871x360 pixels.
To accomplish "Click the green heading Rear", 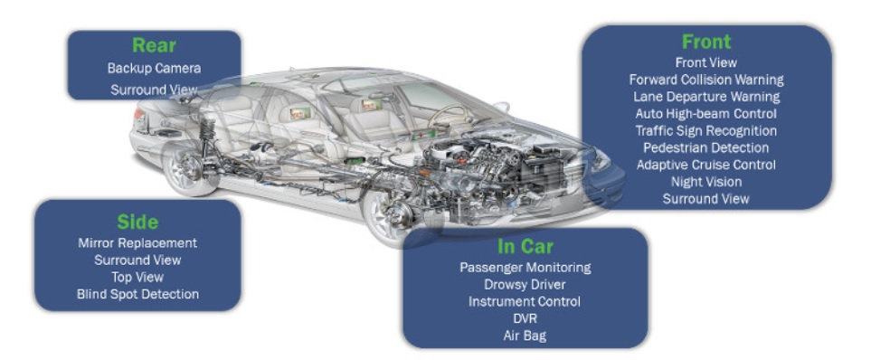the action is coord(154,46).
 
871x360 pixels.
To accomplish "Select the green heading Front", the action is coord(705,42).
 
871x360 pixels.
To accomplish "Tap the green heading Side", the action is coord(137,222).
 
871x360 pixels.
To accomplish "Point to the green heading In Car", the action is coord(525,246).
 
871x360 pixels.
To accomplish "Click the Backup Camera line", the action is coord(154,68).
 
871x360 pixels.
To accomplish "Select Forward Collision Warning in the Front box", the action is coord(705,80).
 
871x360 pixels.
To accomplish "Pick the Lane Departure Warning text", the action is coord(705,97).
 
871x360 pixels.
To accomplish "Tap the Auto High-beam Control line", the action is coord(705,114).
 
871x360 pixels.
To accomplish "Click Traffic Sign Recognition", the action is coord(705,130).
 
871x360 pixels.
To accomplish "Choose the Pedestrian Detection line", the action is coord(705,147).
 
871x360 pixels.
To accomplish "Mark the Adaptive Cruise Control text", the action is coord(705,165).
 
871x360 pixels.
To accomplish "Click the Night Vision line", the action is coord(705,182).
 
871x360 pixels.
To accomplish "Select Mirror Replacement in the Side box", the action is coord(137,242).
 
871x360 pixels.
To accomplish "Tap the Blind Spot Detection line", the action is coord(137,294).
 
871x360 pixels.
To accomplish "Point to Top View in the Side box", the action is coord(137,277).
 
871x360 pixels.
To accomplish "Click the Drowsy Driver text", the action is coord(525,284).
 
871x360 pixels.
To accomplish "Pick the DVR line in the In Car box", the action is coord(525,318).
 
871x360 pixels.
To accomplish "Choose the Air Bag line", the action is coord(525,336).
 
